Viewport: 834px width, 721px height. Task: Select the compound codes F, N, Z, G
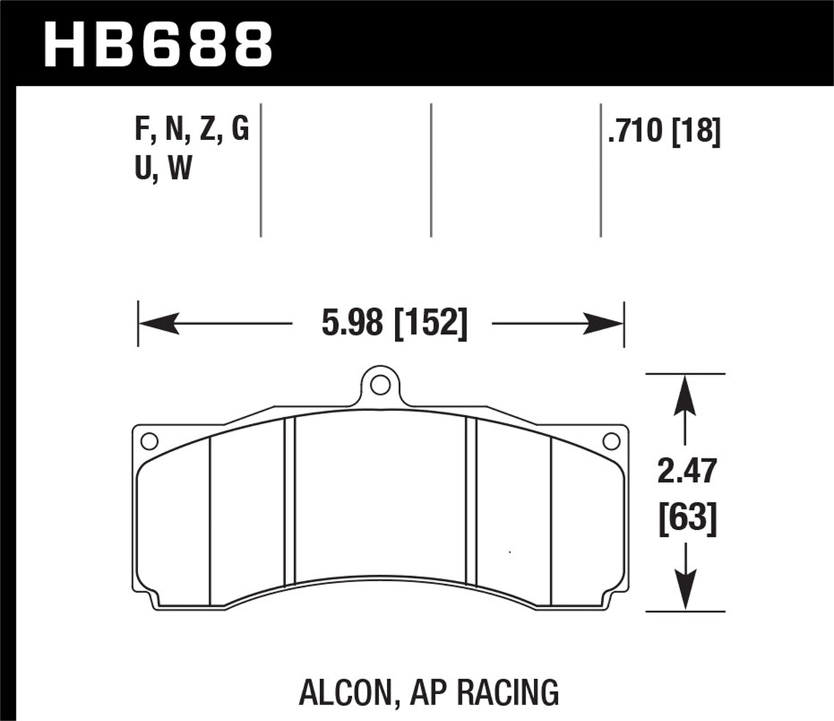(x=192, y=129)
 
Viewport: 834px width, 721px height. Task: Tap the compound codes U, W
(x=164, y=168)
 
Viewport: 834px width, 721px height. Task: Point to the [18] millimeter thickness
(x=696, y=131)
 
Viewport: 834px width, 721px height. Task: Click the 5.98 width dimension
(x=352, y=322)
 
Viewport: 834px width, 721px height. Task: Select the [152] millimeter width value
(x=430, y=322)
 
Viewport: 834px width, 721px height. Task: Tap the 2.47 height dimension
(x=686, y=472)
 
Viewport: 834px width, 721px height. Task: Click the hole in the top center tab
(x=379, y=386)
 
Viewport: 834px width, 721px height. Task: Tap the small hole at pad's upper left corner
(x=149, y=441)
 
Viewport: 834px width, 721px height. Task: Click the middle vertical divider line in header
(x=431, y=170)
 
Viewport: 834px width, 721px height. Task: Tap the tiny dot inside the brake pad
(x=509, y=551)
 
